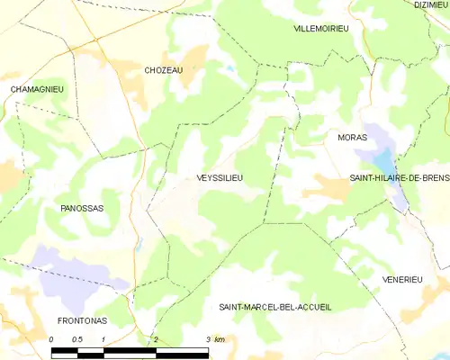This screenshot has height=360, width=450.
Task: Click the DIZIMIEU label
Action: point(430,4)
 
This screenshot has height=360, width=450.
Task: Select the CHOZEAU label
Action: point(164,69)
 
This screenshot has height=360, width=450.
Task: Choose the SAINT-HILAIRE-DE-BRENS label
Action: point(399,178)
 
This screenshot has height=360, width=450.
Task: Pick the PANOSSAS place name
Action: point(82,208)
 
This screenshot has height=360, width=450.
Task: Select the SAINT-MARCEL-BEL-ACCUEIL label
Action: point(275,307)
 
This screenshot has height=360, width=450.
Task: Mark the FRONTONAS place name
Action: point(83,320)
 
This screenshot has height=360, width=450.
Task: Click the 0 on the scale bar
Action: point(51,339)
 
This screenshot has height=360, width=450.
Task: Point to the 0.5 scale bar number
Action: point(77,339)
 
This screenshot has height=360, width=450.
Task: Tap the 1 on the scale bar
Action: point(104,339)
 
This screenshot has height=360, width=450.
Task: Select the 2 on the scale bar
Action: point(157,339)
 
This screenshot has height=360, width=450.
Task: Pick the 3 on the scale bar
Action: point(208,339)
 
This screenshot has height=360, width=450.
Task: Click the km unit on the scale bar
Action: point(220,339)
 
